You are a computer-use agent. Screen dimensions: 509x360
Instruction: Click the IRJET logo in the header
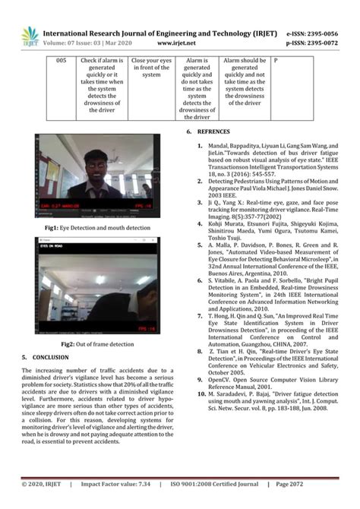[30, 36]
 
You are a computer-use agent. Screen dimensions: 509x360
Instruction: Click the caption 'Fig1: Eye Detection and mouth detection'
[97, 227]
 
